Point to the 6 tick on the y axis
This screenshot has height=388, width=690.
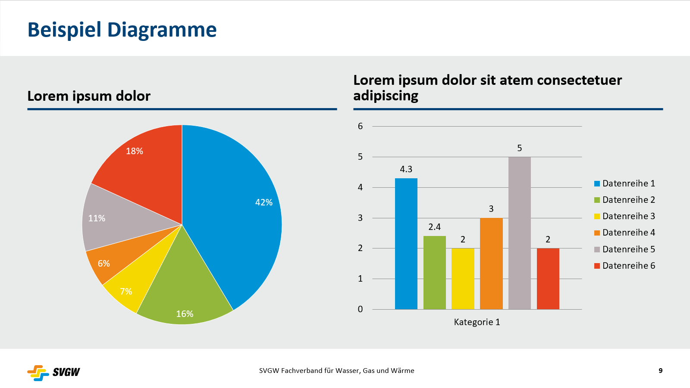(x=360, y=126)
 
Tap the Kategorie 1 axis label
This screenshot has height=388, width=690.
(x=477, y=322)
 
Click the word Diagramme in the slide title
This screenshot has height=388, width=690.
(x=162, y=30)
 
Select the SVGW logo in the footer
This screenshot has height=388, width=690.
(x=53, y=372)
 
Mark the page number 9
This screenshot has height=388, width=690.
(x=660, y=371)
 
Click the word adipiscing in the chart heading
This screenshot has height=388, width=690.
(x=386, y=96)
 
